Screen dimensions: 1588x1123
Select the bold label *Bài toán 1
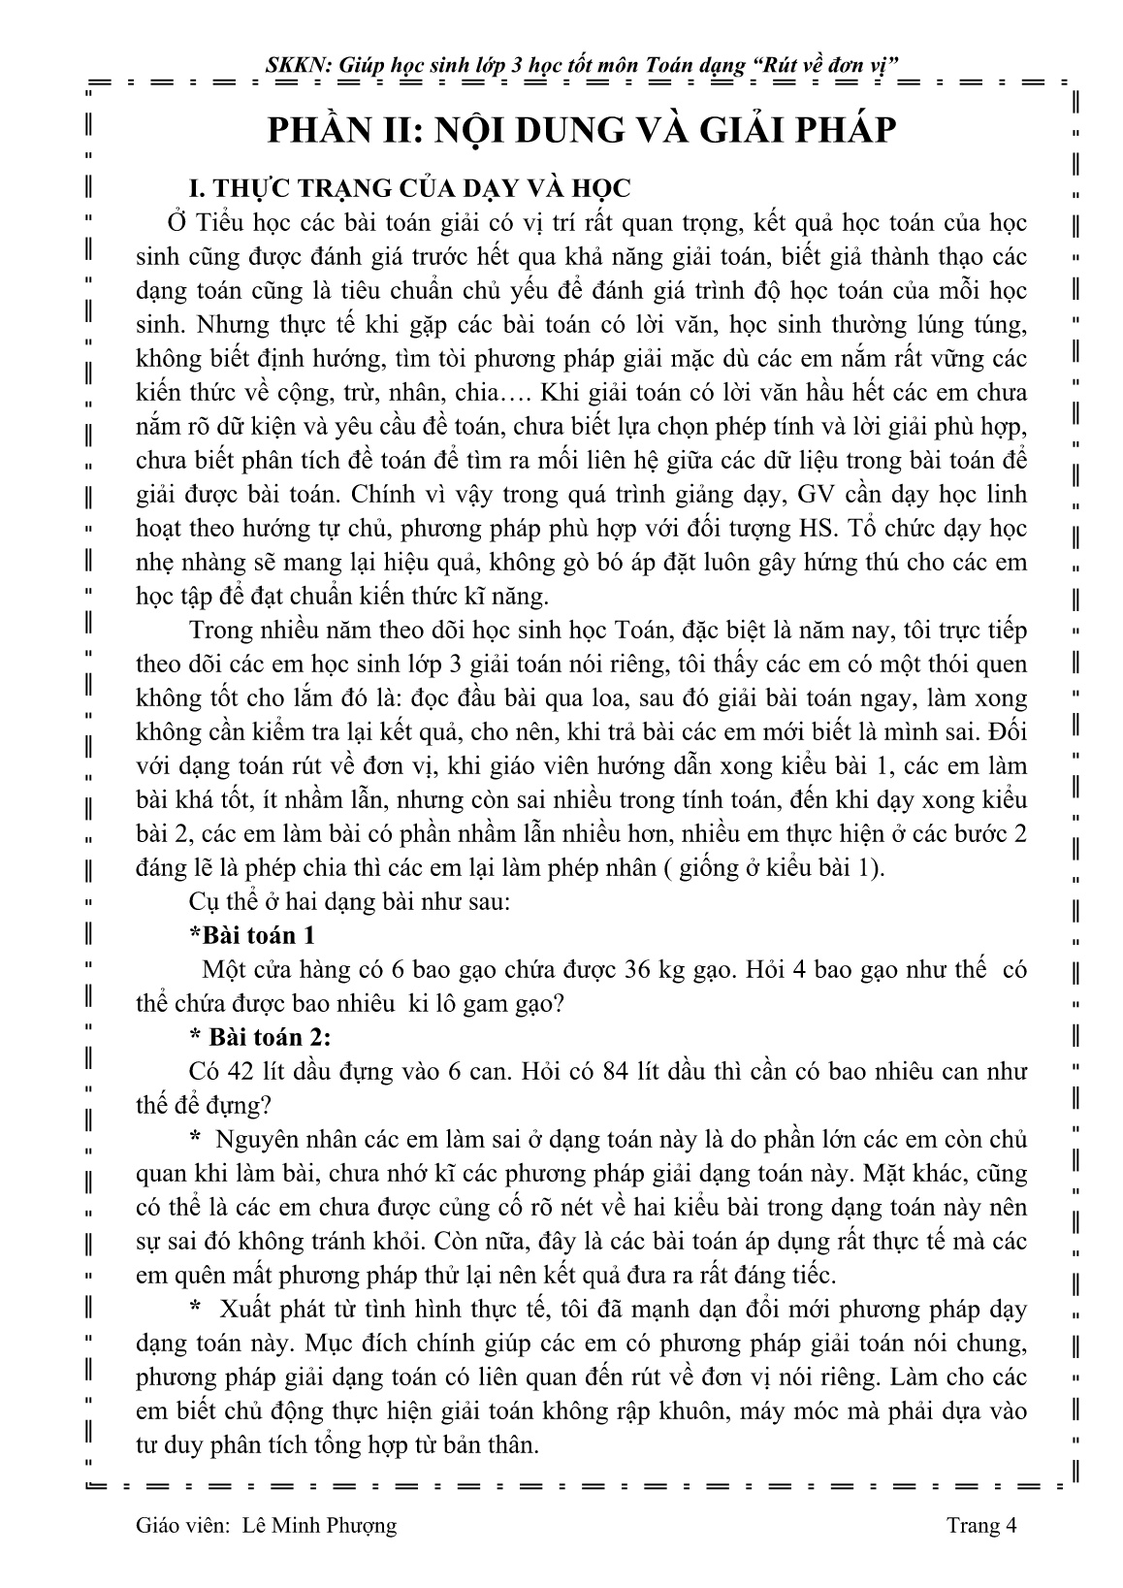point(252,935)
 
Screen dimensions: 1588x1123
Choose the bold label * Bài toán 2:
point(261,1037)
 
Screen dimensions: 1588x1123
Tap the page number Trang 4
point(981,1526)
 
